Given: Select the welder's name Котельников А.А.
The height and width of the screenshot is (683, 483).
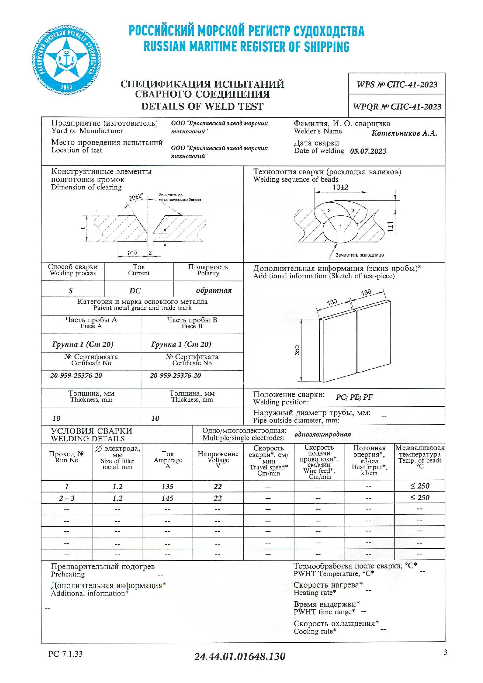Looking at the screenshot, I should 404,133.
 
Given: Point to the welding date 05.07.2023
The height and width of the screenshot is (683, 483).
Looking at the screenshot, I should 368,151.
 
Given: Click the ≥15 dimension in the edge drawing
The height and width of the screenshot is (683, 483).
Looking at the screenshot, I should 132,253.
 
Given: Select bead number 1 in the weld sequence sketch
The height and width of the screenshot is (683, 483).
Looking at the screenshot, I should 341,226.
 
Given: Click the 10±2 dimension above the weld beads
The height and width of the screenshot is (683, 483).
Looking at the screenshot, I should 340,187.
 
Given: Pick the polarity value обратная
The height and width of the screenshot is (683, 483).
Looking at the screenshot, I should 214,290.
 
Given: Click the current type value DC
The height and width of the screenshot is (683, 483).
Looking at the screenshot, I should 135,291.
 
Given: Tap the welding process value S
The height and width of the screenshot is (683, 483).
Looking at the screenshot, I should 71,291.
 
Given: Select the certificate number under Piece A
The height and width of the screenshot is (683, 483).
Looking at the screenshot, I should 76,375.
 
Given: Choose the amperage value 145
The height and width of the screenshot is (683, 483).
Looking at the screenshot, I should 167,498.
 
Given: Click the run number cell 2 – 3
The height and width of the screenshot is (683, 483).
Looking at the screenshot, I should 67,498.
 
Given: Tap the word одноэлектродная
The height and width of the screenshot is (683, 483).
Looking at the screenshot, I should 323,434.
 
